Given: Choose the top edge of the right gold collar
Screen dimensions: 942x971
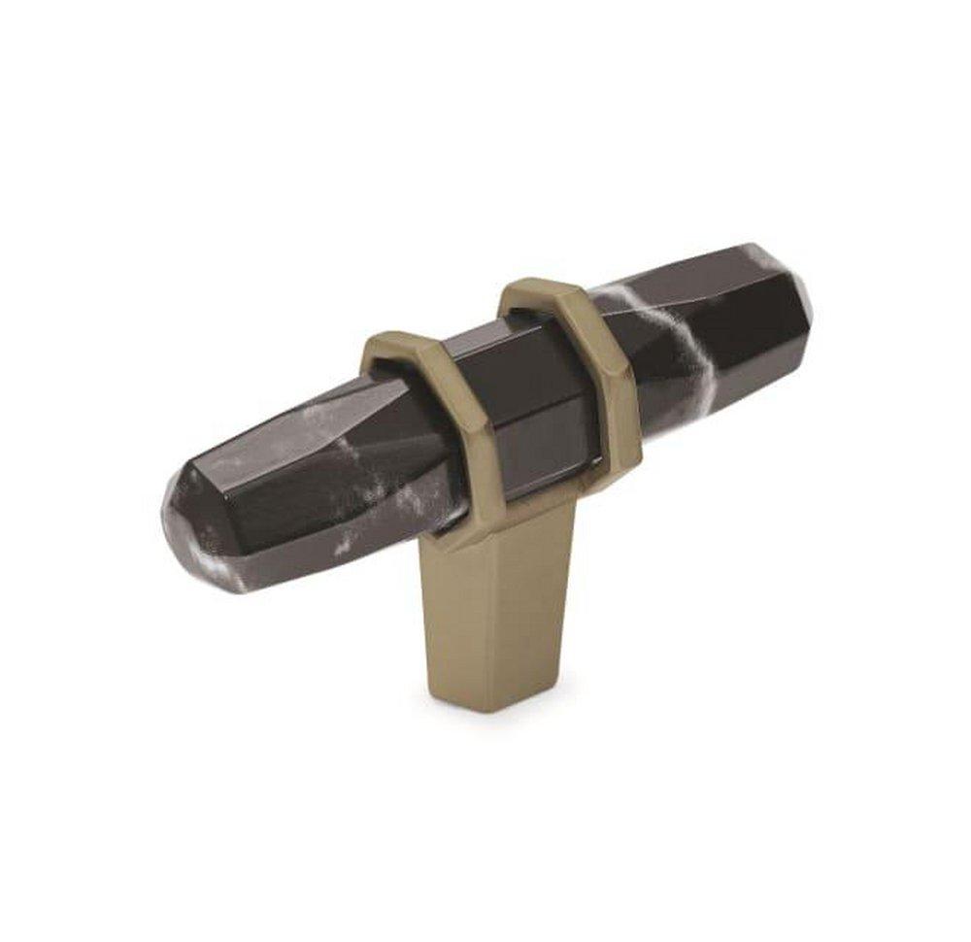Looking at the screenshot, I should point(539,286).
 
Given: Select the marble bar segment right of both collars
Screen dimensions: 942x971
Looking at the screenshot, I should point(719,330).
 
